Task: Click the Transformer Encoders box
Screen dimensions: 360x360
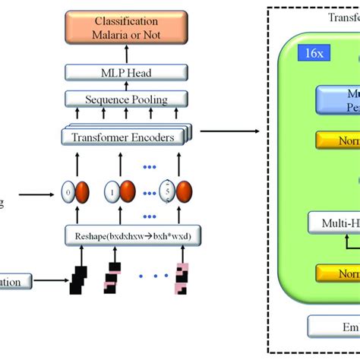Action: [x=125, y=137]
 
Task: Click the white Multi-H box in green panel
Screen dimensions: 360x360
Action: [x=334, y=223]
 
